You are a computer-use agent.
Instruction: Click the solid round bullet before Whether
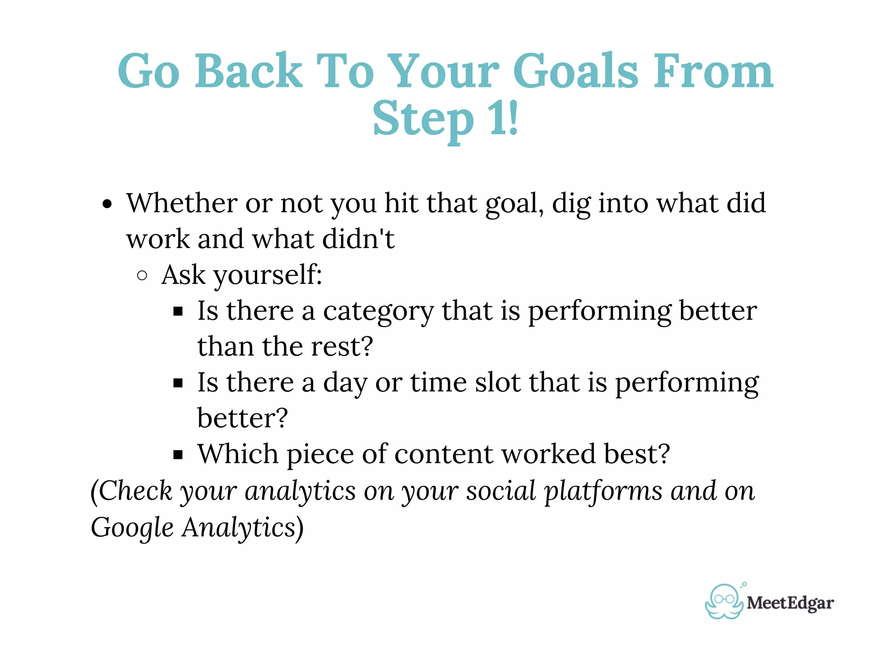coord(107,204)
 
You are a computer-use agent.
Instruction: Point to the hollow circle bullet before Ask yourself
coord(142,275)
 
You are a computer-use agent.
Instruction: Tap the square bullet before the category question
coord(178,311)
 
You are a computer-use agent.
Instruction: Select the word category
coord(378,312)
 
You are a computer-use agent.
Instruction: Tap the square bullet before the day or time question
coord(178,383)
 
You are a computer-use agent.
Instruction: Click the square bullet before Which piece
coord(178,454)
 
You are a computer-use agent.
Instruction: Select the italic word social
coord(501,491)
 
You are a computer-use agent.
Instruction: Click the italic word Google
coord(132,528)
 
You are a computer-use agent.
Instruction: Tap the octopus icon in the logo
coord(724,602)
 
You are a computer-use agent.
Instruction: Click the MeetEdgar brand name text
coord(790,603)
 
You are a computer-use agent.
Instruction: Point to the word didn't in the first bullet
coord(358,239)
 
